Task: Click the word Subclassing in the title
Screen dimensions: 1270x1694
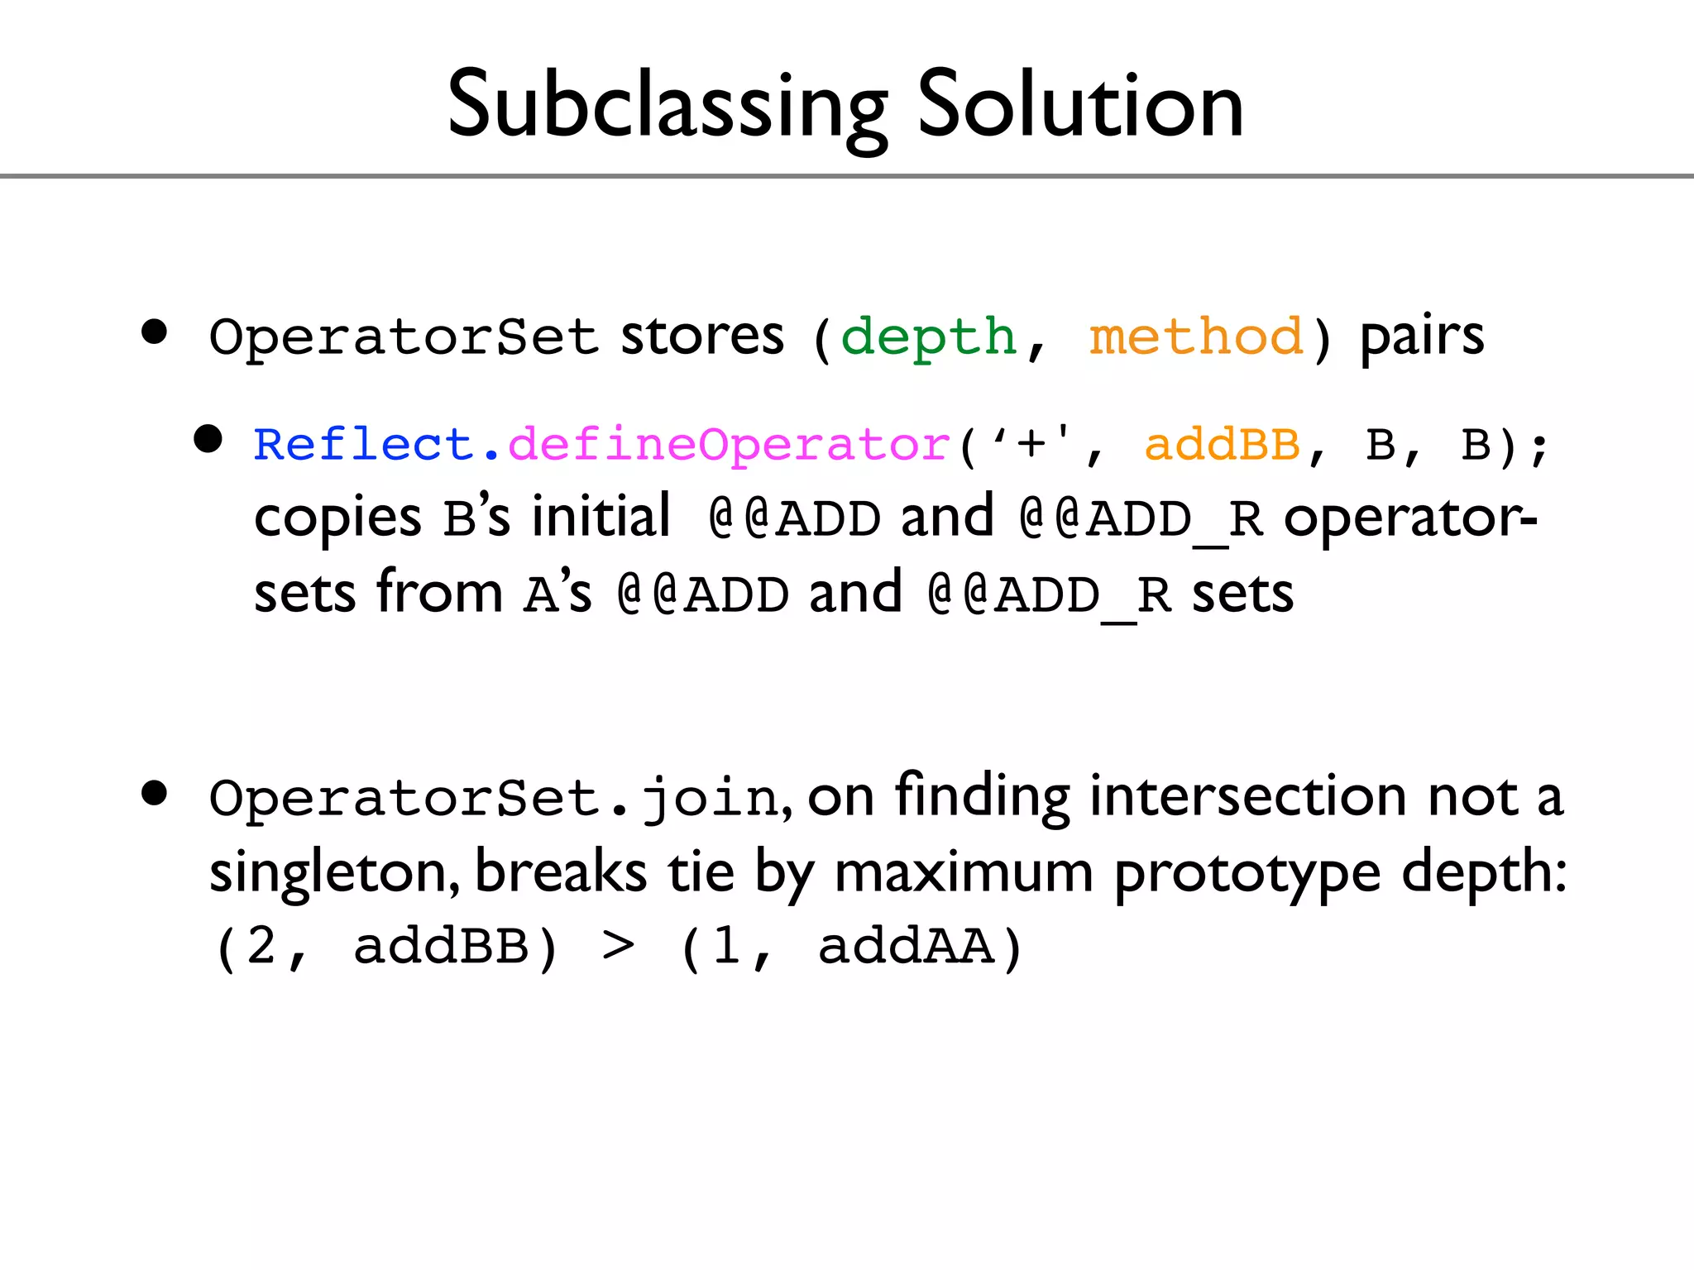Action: pyautogui.click(x=667, y=106)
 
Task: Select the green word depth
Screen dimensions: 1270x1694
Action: pyautogui.click(x=928, y=337)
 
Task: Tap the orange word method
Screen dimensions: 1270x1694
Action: pyautogui.click(x=1196, y=337)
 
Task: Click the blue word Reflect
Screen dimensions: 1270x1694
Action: pyautogui.click(x=362, y=445)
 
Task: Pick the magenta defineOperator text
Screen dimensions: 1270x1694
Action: pyautogui.click(x=729, y=445)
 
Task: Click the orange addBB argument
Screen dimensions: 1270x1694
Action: pyautogui.click(x=1222, y=445)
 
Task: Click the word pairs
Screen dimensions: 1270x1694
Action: pyautogui.click(x=1422, y=337)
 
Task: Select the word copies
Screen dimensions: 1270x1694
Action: pyautogui.click(x=337, y=519)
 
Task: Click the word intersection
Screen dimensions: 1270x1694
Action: pyautogui.click(x=1247, y=795)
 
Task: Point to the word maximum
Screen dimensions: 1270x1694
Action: pyautogui.click(x=964, y=873)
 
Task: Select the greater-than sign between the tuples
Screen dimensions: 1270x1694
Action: pyautogui.click(x=619, y=946)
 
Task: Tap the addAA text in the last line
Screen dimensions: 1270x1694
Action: pyautogui.click(x=906, y=946)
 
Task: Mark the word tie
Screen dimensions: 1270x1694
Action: pyautogui.click(x=701, y=871)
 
